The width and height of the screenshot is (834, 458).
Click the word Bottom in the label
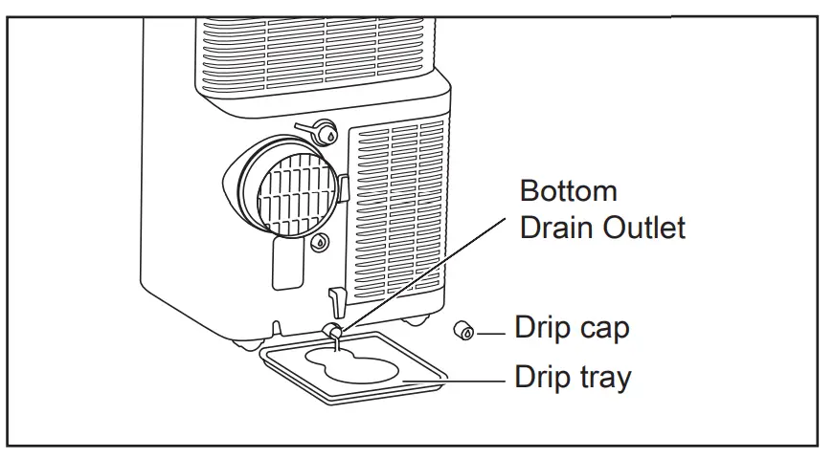568,191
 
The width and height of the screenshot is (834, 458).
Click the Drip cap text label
572,329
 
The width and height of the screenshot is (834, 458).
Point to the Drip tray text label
573,377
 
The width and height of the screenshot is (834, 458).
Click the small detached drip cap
465,331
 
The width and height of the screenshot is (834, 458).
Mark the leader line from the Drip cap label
490,332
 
